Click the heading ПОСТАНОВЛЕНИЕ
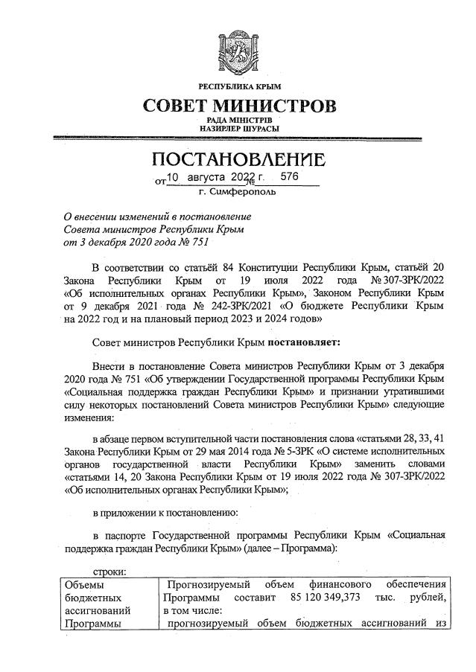(x=238, y=160)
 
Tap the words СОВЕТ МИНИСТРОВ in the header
(x=238, y=106)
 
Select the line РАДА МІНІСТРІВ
(x=238, y=119)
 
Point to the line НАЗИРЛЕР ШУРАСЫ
(x=238, y=128)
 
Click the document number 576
(x=289, y=178)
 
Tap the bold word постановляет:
(x=300, y=343)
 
